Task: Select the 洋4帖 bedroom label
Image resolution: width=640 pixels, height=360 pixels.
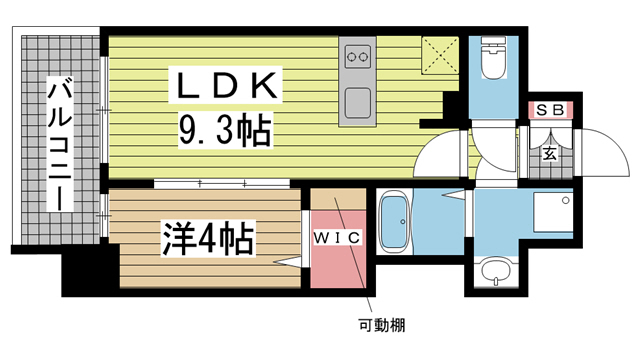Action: pyautogui.click(x=208, y=240)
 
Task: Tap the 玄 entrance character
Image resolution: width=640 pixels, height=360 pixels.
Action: pyautogui.click(x=551, y=154)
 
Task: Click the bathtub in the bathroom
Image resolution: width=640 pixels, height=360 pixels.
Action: pyautogui.click(x=395, y=224)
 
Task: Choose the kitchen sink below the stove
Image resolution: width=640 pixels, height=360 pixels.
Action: pyautogui.click(x=356, y=102)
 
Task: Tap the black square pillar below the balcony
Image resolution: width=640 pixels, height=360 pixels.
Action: pyautogui.click(x=83, y=273)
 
